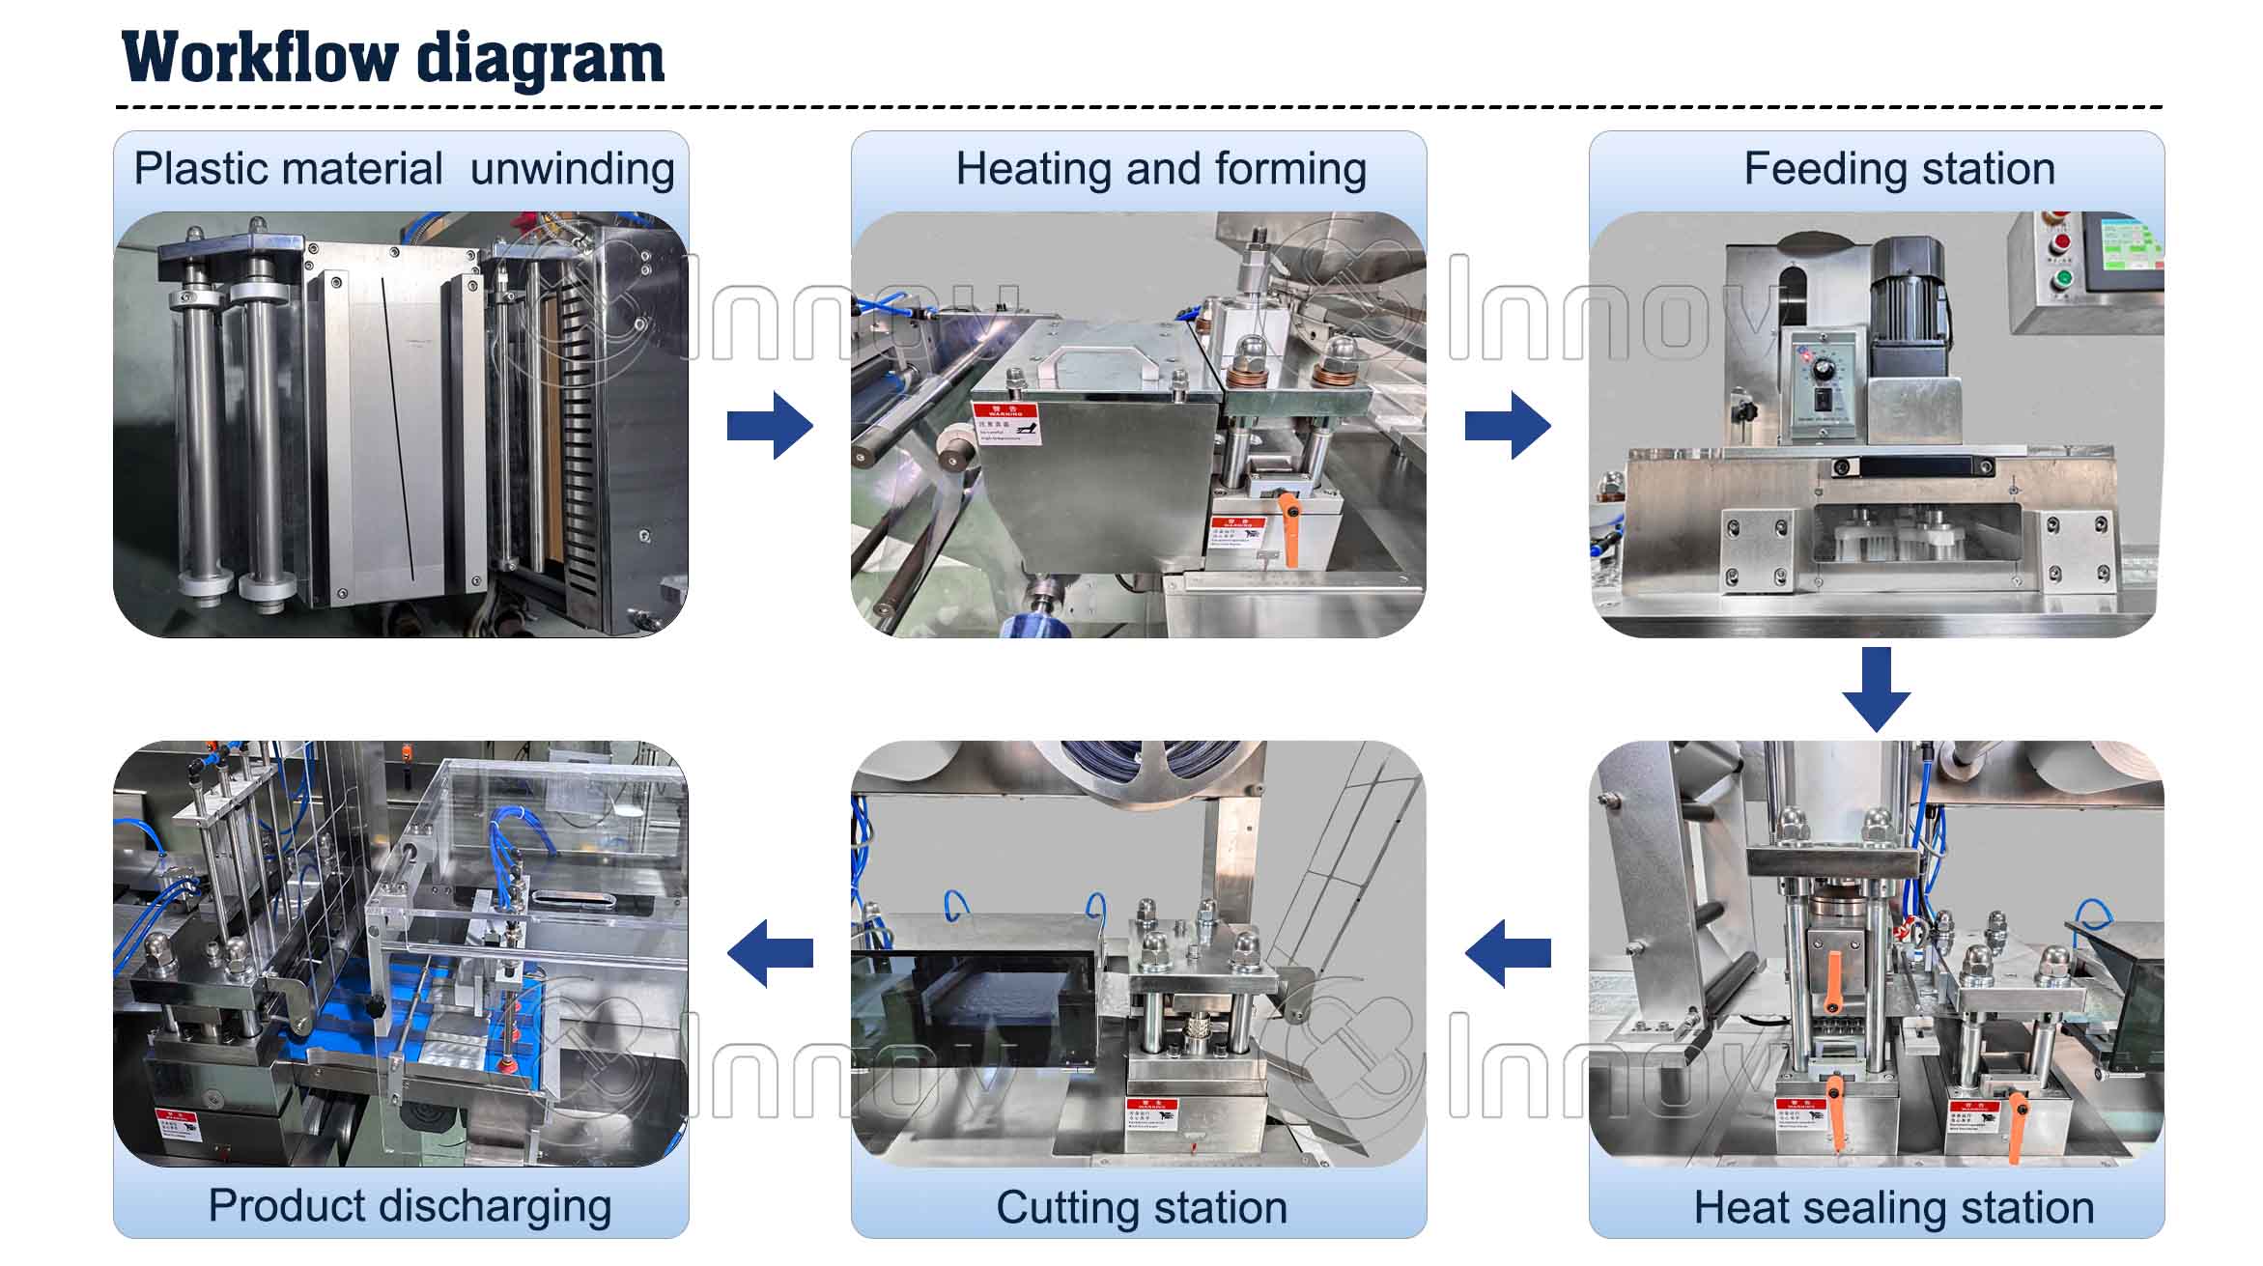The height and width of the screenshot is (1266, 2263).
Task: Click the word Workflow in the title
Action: pyautogui.click(x=259, y=58)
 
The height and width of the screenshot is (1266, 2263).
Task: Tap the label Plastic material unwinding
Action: pyautogui.click(x=403, y=169)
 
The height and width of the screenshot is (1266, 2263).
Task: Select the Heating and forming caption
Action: pyautogui.click(x=1161, y=169)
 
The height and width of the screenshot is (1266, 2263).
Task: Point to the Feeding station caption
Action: pyautogui.click(x=1899, y=169)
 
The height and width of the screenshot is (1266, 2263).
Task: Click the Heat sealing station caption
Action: pyautogui.click(x=1894, y=1207)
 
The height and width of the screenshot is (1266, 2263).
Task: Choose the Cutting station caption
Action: pyautogui.click(x=1142, y=1207)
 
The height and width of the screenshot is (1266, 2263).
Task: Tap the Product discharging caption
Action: pyautogui.click(x=410, y=1205)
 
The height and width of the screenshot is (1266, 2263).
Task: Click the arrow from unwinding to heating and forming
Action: pyautogui.click(x=770, y=425)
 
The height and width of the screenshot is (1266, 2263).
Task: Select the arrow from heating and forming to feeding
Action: pyautogui.click(x=1508, y=425)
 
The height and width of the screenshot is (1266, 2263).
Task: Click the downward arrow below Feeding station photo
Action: pyautogui.click(x=1876, y=689)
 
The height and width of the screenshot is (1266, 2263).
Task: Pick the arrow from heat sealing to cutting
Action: pyautogui.click(x=1508, y=953)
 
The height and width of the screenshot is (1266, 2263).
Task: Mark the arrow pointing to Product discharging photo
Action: pyautogui.click(x=770, y=953)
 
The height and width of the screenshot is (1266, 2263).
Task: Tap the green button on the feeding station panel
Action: pyautogui.click(x=2064, y=279)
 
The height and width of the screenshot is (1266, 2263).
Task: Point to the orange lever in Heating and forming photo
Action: pyautogui.click(x=1290, y=526)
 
